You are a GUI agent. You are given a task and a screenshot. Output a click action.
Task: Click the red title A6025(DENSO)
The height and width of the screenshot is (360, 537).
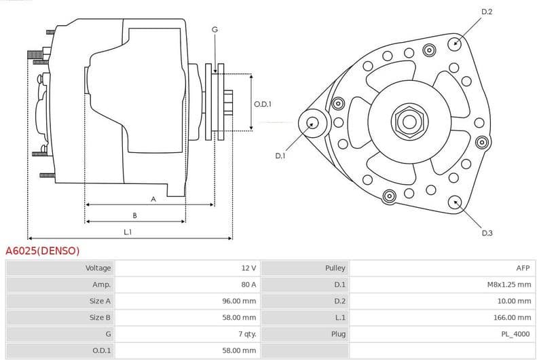click(x=43, y=251)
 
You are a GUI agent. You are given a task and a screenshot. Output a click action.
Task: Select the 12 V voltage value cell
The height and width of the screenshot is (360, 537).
click(x=248, y=268)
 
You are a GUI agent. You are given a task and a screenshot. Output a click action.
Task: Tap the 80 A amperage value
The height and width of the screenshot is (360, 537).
click(x=248, y=285)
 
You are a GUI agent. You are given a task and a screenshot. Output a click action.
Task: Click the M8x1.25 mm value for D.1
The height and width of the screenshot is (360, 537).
click(x=509, y=285)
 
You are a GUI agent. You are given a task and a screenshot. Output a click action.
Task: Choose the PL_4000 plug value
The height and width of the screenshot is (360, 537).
click(x=517, y=334)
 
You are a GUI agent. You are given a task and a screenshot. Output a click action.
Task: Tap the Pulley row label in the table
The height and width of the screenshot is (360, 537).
click(x=335, y=268)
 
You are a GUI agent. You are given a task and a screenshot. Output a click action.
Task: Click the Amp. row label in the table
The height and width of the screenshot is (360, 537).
click(x=101, y=285)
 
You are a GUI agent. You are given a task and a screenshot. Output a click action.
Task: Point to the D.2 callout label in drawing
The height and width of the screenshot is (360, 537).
click(x=487, y=12)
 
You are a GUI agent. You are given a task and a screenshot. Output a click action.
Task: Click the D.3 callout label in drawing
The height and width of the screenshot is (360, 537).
click(x=487, y=233)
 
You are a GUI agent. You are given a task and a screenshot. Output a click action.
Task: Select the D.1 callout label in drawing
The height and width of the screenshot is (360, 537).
click(x=280, y=156)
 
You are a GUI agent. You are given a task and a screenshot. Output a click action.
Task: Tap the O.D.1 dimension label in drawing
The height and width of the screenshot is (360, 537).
click(x=263, y=104)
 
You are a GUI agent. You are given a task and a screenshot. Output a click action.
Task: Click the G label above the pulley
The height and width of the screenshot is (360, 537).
click(x=215, y=29)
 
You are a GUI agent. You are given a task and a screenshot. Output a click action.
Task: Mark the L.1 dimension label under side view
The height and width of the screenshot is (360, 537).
click(x=128, y=232)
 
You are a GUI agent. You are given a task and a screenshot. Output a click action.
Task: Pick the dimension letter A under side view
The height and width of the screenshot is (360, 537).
click(x=153, y=199)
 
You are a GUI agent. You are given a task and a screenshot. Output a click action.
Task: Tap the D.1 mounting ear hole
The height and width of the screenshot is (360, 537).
click(x=312, y=123)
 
